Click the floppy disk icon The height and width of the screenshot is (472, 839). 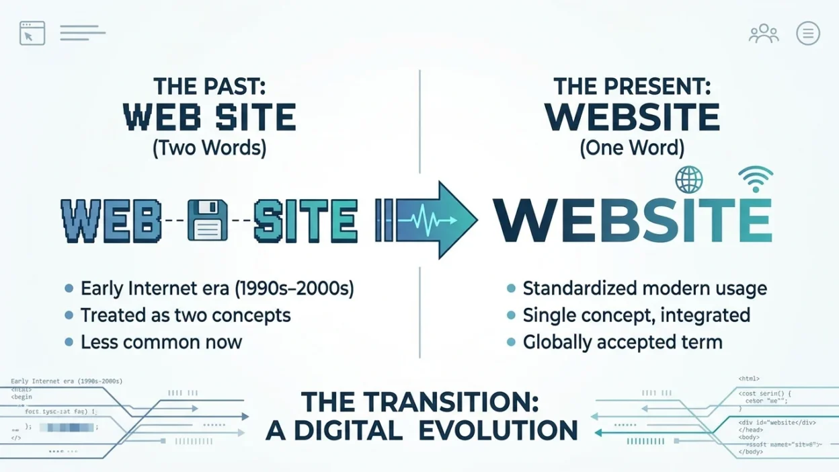tap(207, 221)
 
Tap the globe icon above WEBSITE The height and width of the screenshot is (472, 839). tap(688, 180)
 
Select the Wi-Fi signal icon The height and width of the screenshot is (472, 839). tap(756, 179)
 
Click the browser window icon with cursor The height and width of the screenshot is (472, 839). tap(32, 33)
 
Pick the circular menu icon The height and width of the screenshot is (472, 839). tap(807, 33)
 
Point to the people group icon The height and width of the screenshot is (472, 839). tap(764, 34)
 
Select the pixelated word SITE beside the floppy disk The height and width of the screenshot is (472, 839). tap(305, 221)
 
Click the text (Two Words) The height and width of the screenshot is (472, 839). tap(209, 148)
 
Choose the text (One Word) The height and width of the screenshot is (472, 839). tap(632, 148)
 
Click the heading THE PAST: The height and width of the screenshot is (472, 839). tap(209, 87)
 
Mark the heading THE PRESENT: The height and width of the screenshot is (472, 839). tap(632, 87)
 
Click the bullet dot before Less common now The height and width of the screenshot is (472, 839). tap(69, 342)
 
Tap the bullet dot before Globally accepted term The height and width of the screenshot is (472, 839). tap(511, 342)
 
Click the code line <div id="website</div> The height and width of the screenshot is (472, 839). tap(777, 422)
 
